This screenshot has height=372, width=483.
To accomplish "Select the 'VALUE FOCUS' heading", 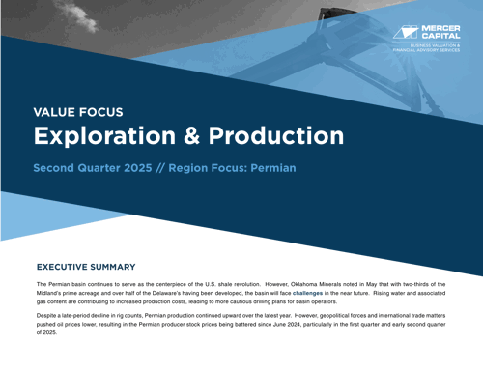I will (78, 112).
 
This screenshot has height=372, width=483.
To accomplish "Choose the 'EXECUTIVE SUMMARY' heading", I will (86, 267).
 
